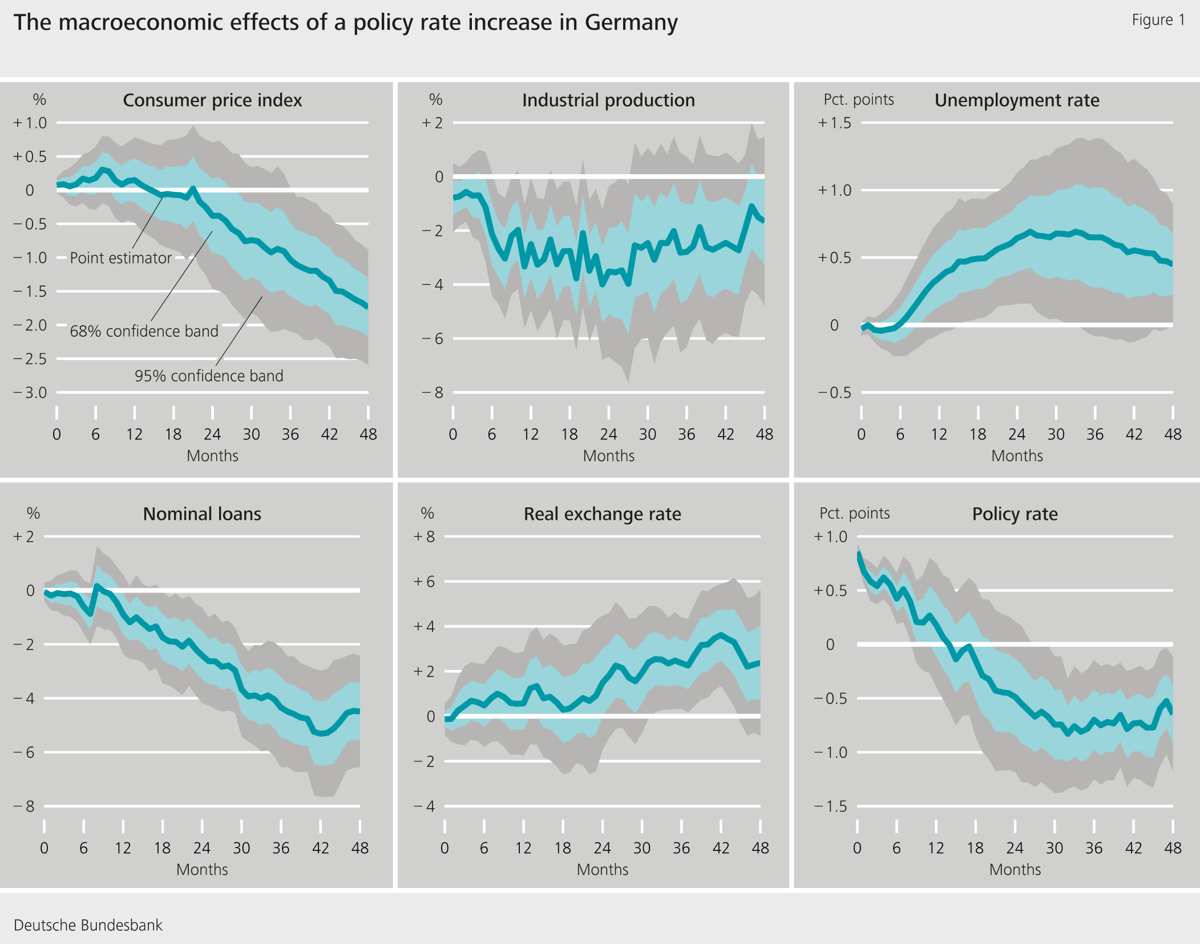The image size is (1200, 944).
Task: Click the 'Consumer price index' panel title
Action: click(x=212, y=100)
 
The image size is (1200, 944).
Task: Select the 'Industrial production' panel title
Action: click(x=608, y=100)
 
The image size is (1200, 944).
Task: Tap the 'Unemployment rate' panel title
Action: click(x=1017, y=100)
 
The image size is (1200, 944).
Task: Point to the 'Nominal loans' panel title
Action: click(x=202, y=514)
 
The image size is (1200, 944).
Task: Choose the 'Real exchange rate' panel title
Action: click(x=603, y=514)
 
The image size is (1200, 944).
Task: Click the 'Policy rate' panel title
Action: click(x=1015, y=514)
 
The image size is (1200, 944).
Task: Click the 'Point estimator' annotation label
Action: click(x=120, y=258)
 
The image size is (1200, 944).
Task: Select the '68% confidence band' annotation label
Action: click(x=144, y=331)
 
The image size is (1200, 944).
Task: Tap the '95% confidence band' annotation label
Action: click(x=209, y=376)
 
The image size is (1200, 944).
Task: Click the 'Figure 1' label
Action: click(x=1158, y=20)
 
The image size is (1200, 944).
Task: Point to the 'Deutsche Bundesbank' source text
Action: click(x=88, y=925)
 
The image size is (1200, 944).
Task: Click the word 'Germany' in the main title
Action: click(x=631, y=22)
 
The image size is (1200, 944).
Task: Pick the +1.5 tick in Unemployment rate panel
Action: click(x=834, y=123)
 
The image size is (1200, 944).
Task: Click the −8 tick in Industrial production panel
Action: click(x=432, y=393)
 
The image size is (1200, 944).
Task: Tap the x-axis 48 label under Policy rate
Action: click(x=1172, y=848)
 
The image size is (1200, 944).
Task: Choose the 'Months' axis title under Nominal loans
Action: click(x=202, y=869)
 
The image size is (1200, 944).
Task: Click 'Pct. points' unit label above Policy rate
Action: click(x=854, y=513)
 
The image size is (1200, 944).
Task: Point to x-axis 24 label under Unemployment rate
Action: click(x=1016, y=434)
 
